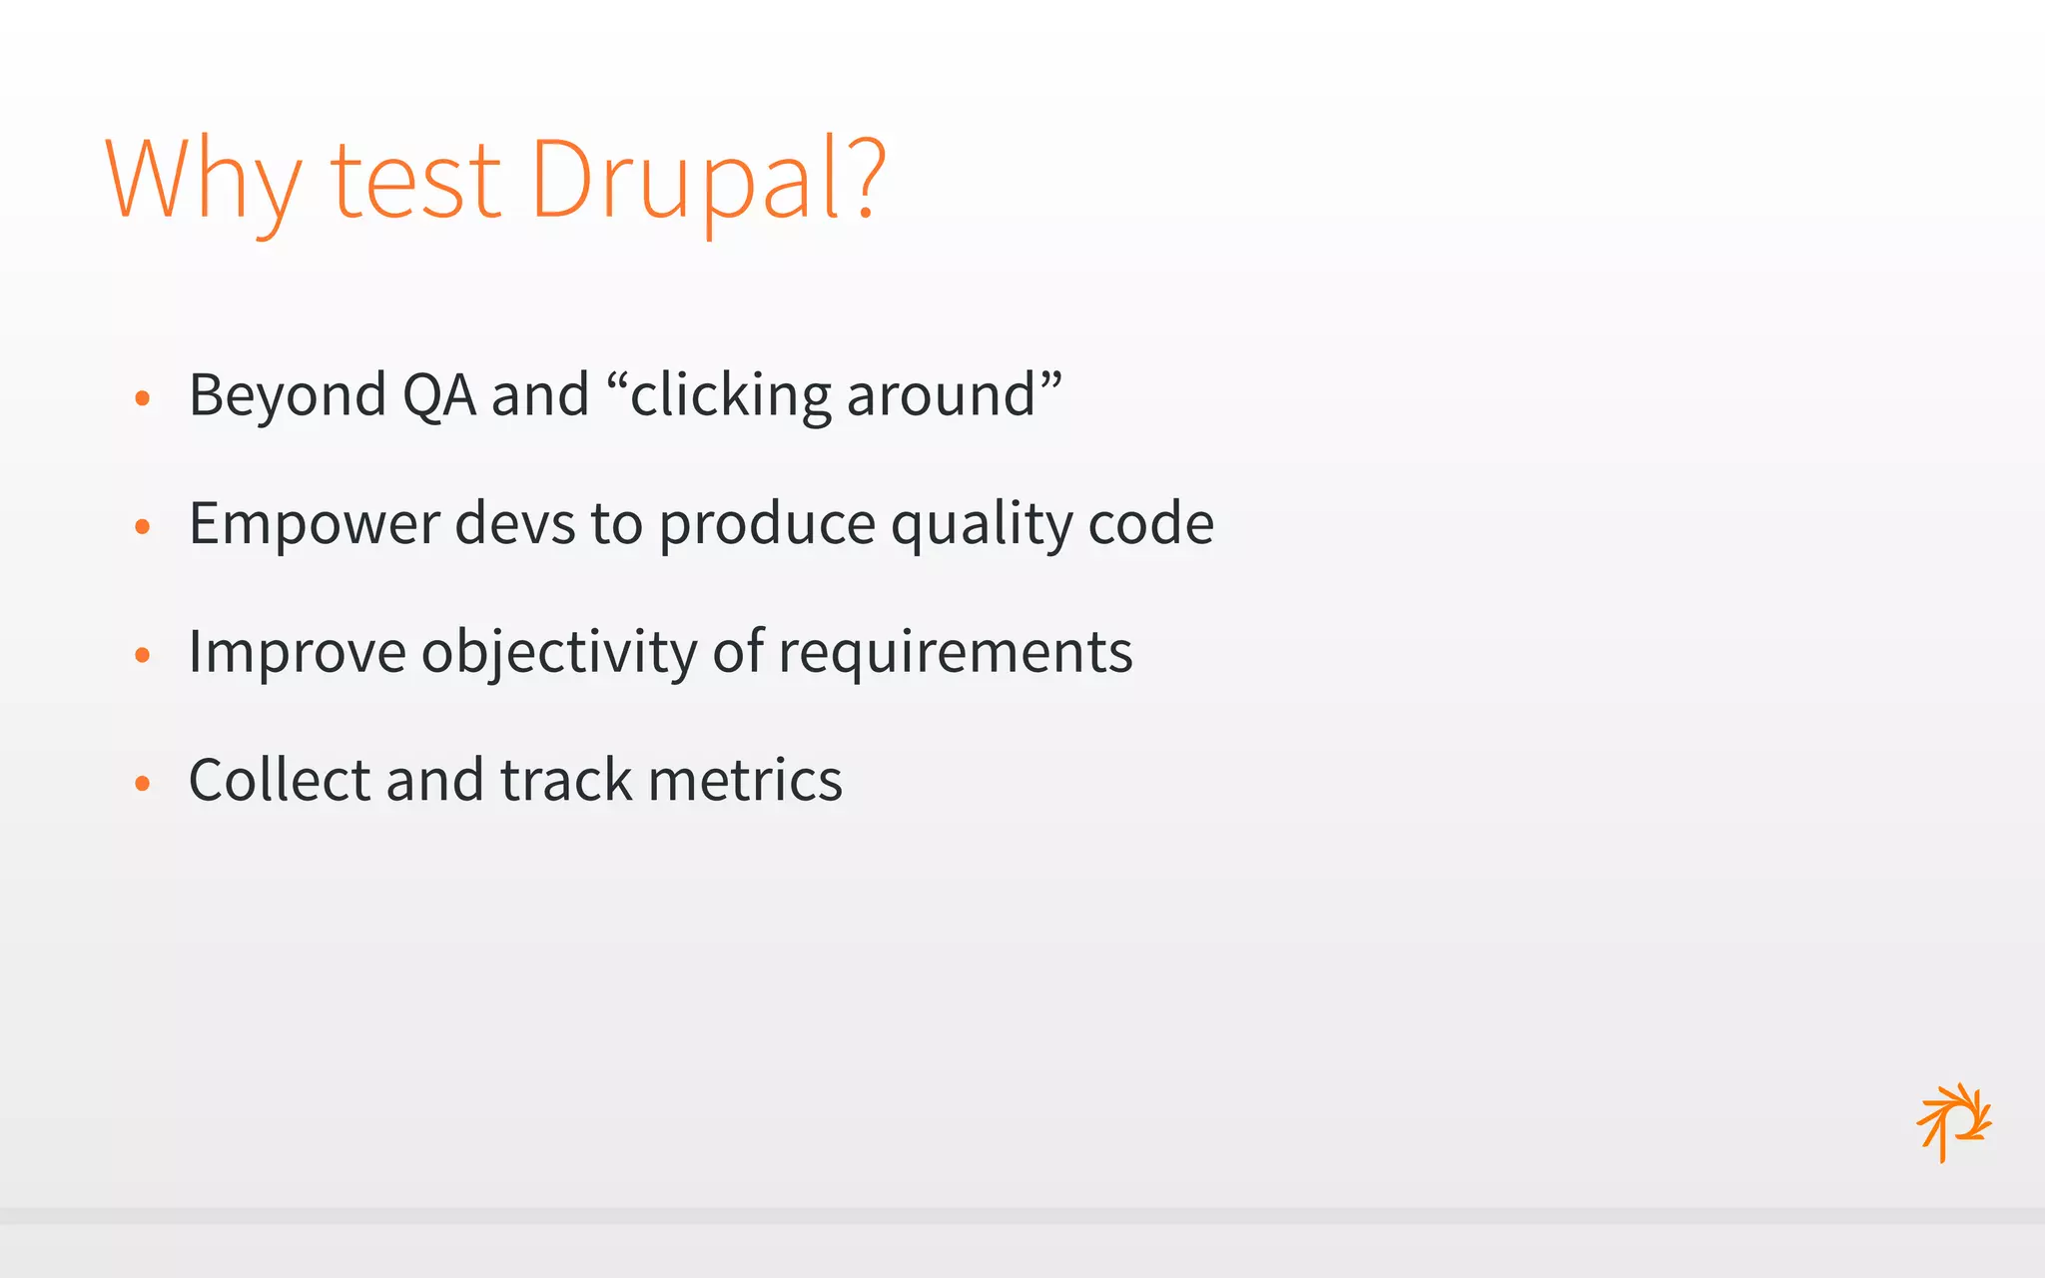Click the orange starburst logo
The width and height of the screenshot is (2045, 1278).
point(1953,1121)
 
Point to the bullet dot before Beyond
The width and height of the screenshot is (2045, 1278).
point(142,398)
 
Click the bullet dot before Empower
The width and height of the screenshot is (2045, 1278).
point(142,526)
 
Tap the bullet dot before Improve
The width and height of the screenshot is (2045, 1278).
point(142,655)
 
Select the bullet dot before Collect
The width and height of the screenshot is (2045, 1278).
point(142,783)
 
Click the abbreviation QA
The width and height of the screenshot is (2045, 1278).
point(438,395)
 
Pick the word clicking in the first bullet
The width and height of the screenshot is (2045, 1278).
point(730,395)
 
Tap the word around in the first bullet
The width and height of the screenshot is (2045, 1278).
point(941,395)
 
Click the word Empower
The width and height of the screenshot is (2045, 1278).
point(314,524)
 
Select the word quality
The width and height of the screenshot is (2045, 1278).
point(982,524)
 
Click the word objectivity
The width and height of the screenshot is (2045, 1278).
point(559,653)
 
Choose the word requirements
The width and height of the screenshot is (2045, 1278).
point(955,653)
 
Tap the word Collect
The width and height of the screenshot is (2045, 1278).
point(280,780)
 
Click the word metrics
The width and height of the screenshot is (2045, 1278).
point(745,780)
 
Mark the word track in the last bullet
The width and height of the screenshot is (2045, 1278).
point(566,780)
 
